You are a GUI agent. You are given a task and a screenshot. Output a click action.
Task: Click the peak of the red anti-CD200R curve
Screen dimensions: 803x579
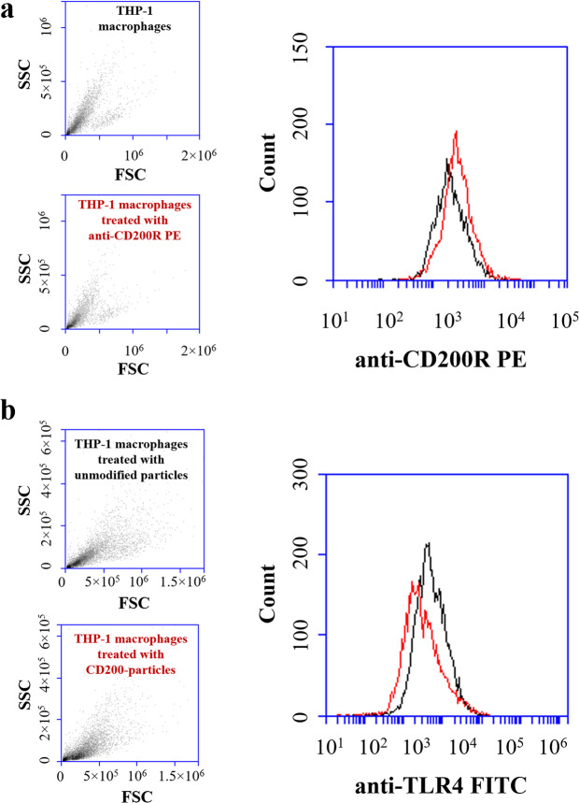coord(456,132)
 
